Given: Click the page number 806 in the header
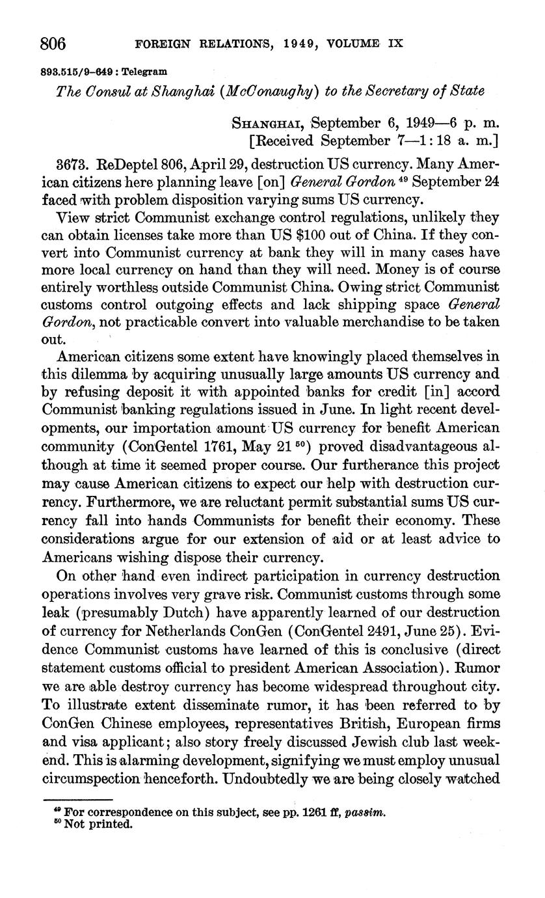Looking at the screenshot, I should coord(54,43).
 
